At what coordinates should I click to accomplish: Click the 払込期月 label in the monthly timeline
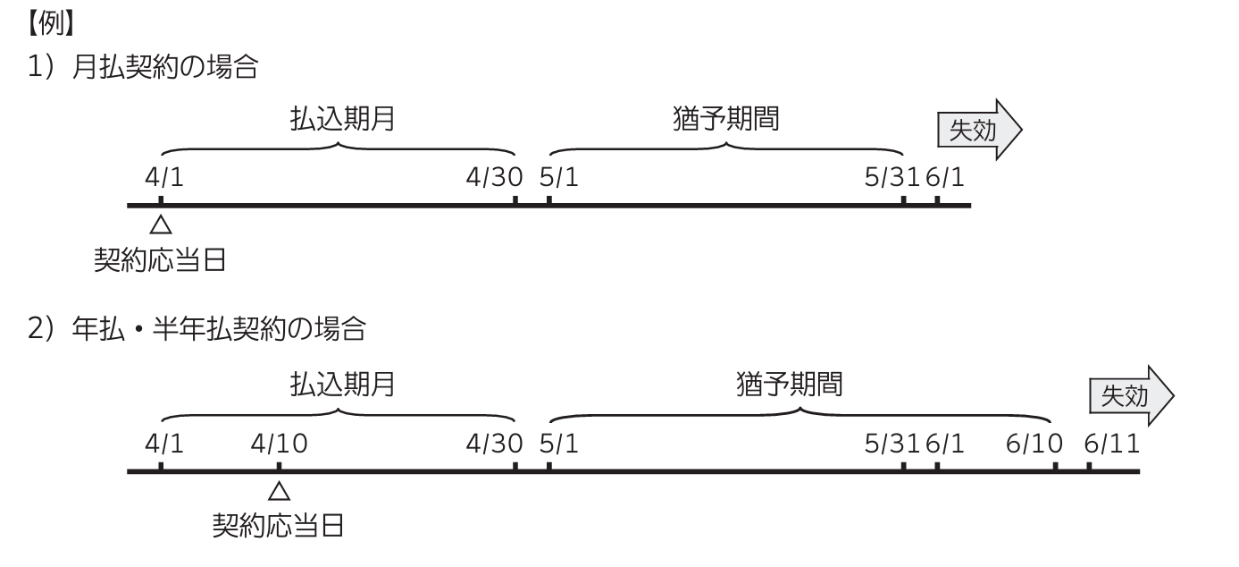click(x=342, y=119)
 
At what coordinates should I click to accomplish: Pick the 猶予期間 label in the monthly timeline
click(x=726, y=119)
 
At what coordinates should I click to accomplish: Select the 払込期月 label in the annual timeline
click(x=342, y=385)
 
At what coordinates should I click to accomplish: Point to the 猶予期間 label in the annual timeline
click(x=790, y=385)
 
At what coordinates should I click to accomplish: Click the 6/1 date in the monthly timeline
click(x=945, y=177)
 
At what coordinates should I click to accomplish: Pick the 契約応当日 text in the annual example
click(x=278, y=525)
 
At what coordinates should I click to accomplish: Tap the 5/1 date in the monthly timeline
click(x=559, y=177)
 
